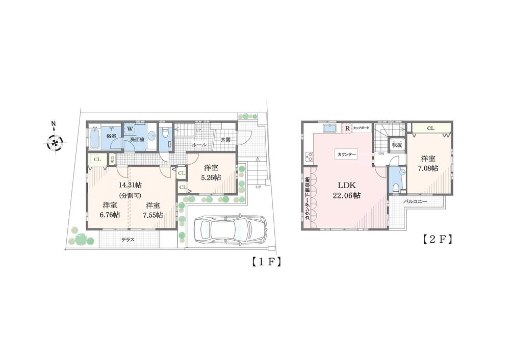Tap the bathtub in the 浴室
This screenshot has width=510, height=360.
(x=96, y=139)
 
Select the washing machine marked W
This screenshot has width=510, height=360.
(x=130, y=129)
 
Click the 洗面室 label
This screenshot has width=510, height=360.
(x=137, y=139)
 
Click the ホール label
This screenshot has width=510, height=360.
(x=199, y=145)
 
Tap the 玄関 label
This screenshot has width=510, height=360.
(x=225, y=139)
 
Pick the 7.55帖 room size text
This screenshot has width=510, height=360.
(x=153, y=215)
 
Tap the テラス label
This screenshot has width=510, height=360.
(x=128, y=239)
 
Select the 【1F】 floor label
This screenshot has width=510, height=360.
(x=267, y=263)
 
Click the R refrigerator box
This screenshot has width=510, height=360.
(x=347, y=128)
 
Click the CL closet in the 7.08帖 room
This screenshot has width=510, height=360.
(x=431, y=128)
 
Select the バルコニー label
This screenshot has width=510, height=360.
(x=416, y=202)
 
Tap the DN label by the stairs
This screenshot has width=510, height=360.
(x=380, y=153)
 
